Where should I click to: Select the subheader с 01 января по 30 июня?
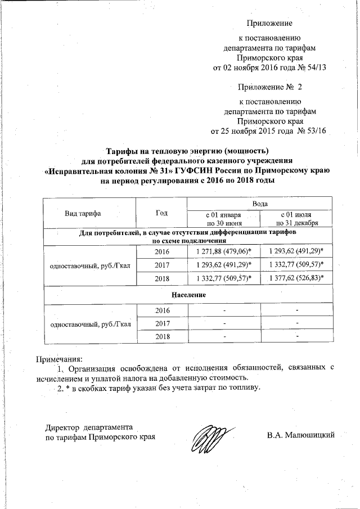click(x=224, y=219)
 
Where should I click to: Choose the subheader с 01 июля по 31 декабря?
click(x=297, y=219)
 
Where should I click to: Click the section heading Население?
click(x=188, y=295)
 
